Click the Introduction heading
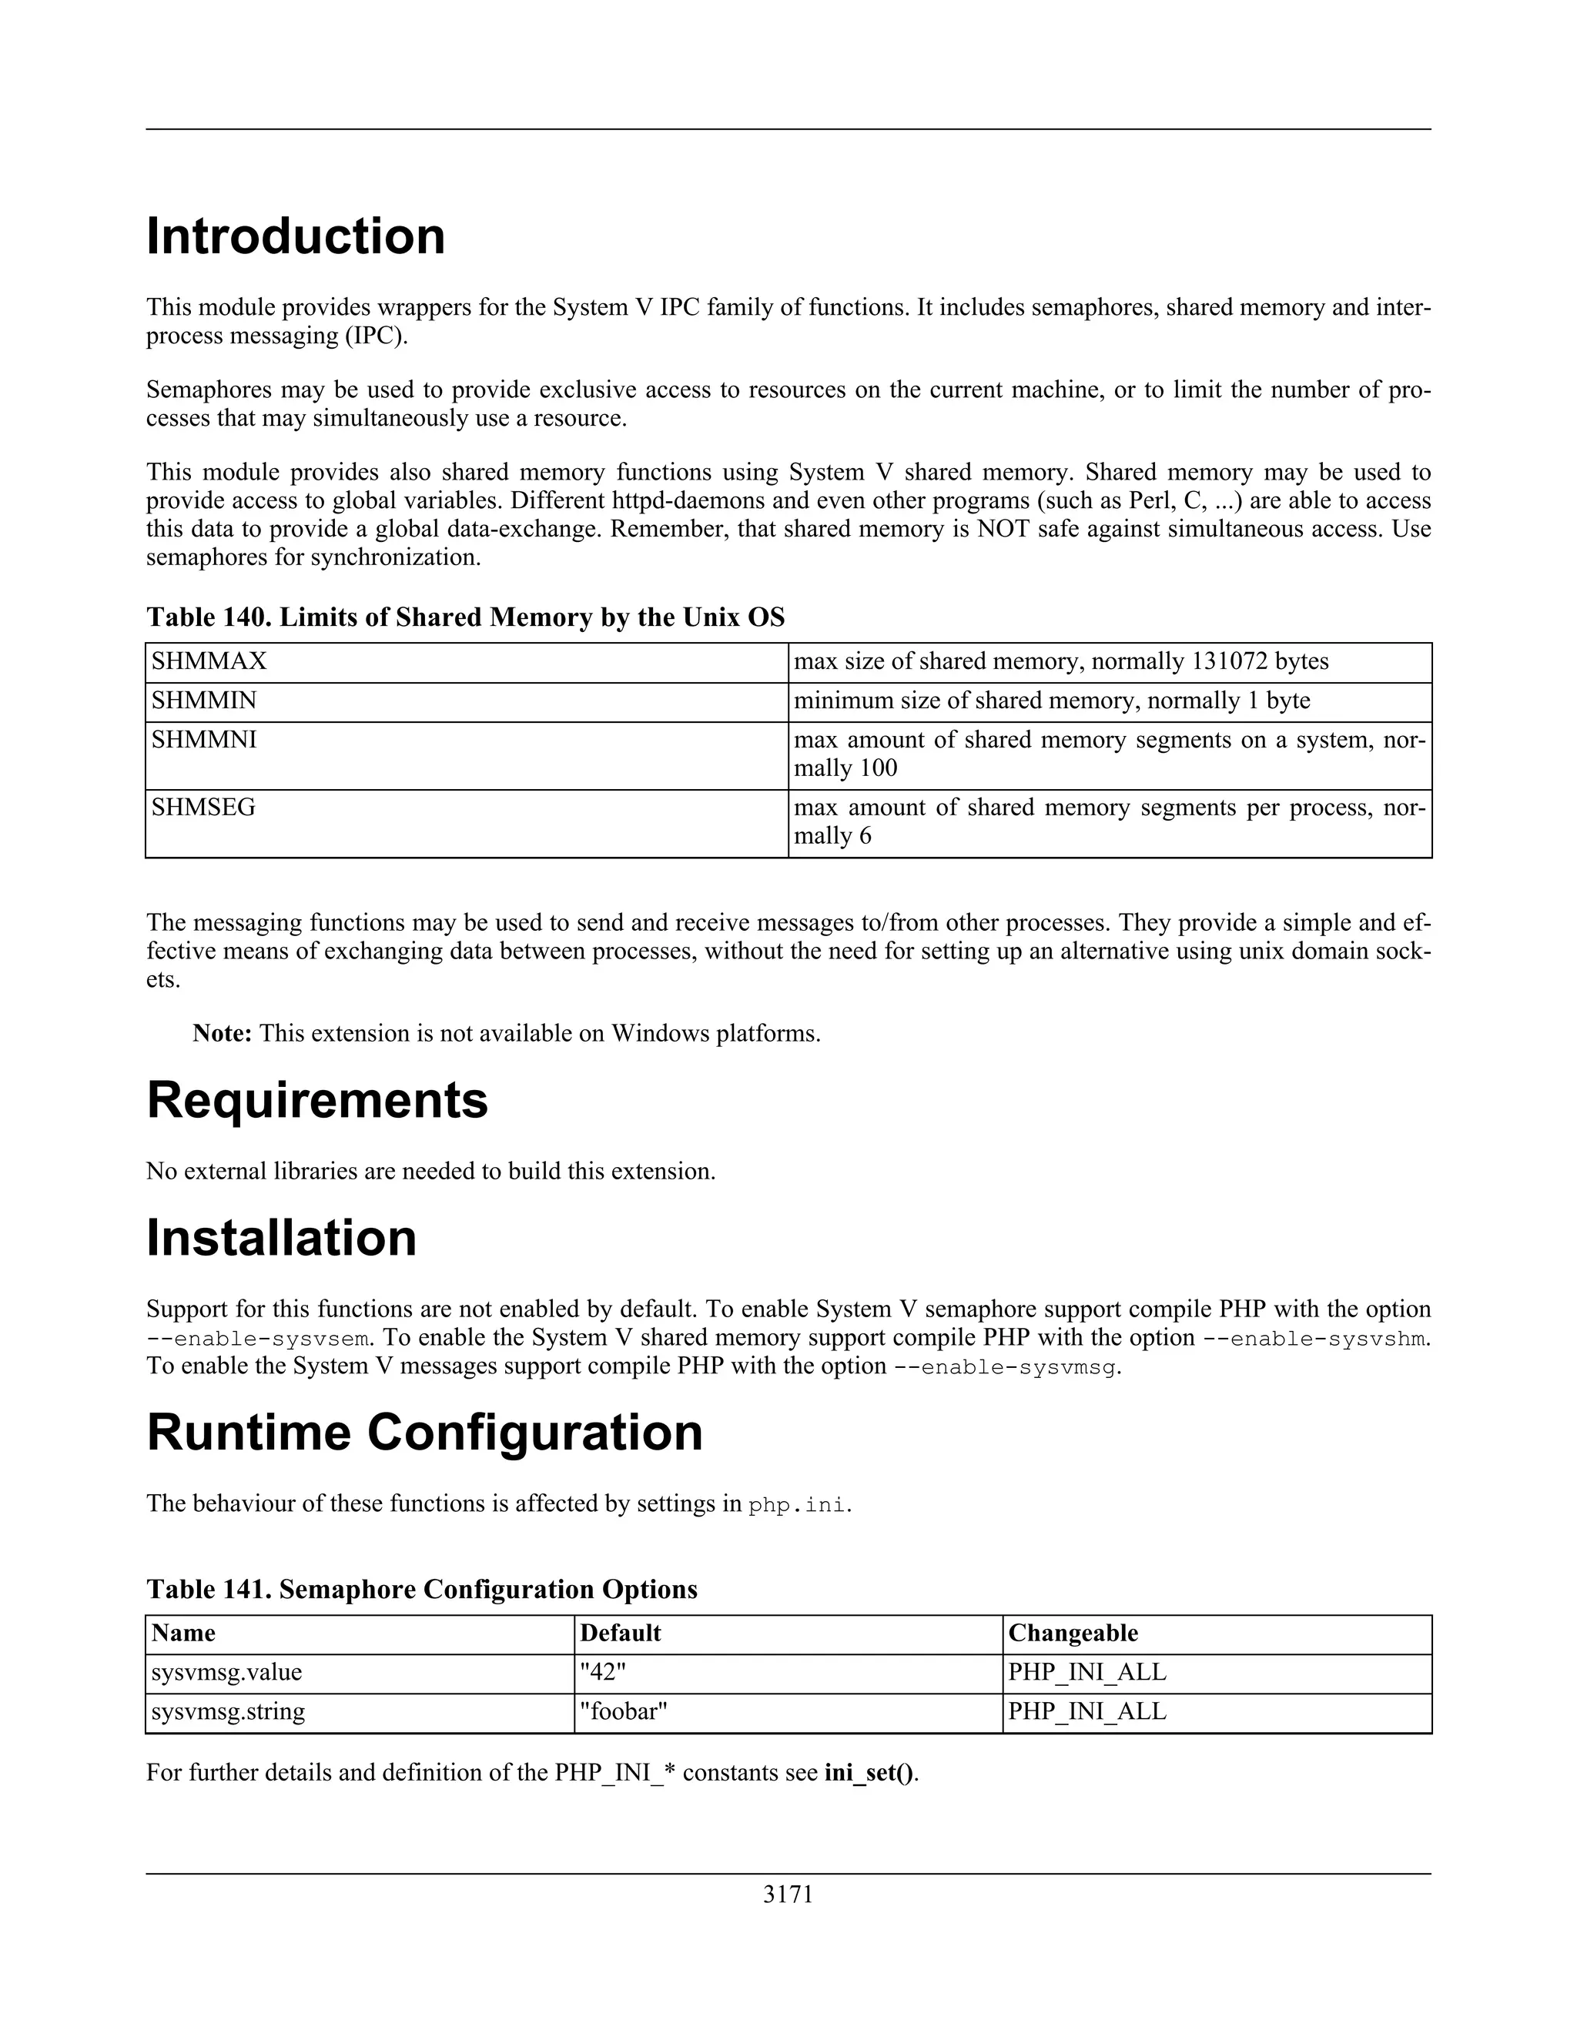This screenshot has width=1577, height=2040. coord(295,236)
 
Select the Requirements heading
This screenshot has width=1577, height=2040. coord(316,1099)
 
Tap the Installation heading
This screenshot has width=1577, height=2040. coord(281,1238)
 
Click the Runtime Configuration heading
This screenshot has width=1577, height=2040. coord(424,1432)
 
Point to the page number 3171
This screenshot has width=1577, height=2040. coord(788,1895)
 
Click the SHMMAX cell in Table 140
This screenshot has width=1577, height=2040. coord(209,661)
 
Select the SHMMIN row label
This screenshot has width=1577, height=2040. coord(203,701)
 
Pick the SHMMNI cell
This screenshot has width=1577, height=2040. coord(203,740)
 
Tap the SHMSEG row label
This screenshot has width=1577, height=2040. coord(203,807)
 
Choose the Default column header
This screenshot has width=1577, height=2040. coord(621,1633)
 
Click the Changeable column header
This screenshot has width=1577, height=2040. coord(1073,1633)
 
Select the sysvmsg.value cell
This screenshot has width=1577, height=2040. coord(226,1672)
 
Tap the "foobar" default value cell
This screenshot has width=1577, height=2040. coord(623,1711)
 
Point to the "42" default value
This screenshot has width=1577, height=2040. coord(603,1672)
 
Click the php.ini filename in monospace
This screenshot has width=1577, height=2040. coord(799,1505)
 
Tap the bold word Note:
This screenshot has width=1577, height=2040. coord(223,1033)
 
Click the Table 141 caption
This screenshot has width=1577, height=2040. coord(421,1589)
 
